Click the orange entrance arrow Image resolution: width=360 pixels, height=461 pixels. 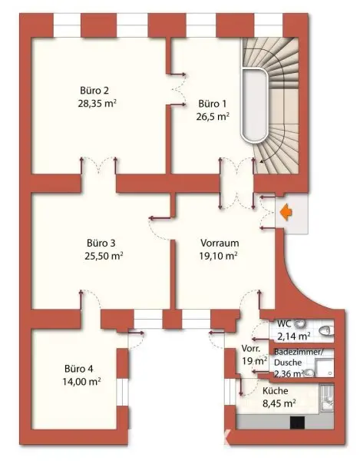(286, 213)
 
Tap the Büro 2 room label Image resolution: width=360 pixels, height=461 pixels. (94, 90)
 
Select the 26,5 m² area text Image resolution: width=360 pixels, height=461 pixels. (213, 117)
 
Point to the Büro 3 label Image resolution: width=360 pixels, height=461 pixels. (101, 243)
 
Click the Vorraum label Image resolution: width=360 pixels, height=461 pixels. (220, 243)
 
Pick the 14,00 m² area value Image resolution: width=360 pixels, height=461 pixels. (81, 382)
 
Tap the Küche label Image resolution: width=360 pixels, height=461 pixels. (275, 391)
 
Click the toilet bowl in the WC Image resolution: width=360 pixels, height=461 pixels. (326, 330)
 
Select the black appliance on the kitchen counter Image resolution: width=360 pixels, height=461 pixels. (297, 423)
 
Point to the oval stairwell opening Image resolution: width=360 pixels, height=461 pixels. (254, 105)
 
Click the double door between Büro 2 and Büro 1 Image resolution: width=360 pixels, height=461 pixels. (178, 88)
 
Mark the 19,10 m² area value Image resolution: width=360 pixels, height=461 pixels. (219, 257)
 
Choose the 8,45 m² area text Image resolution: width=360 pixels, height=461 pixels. (279, 403)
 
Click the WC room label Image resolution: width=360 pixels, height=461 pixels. (284, 323)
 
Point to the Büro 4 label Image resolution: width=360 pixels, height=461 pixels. (79, 369)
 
